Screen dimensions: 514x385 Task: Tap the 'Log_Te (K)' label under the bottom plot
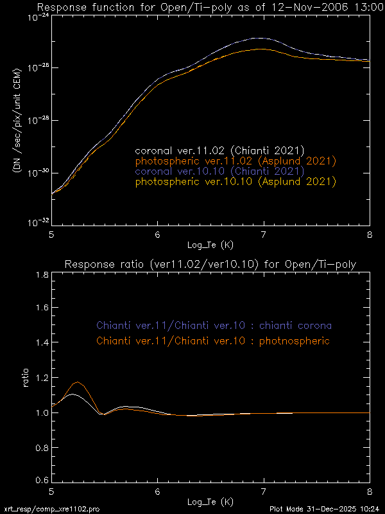tap(210, 501)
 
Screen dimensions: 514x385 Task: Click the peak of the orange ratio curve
tap(78, 382)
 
